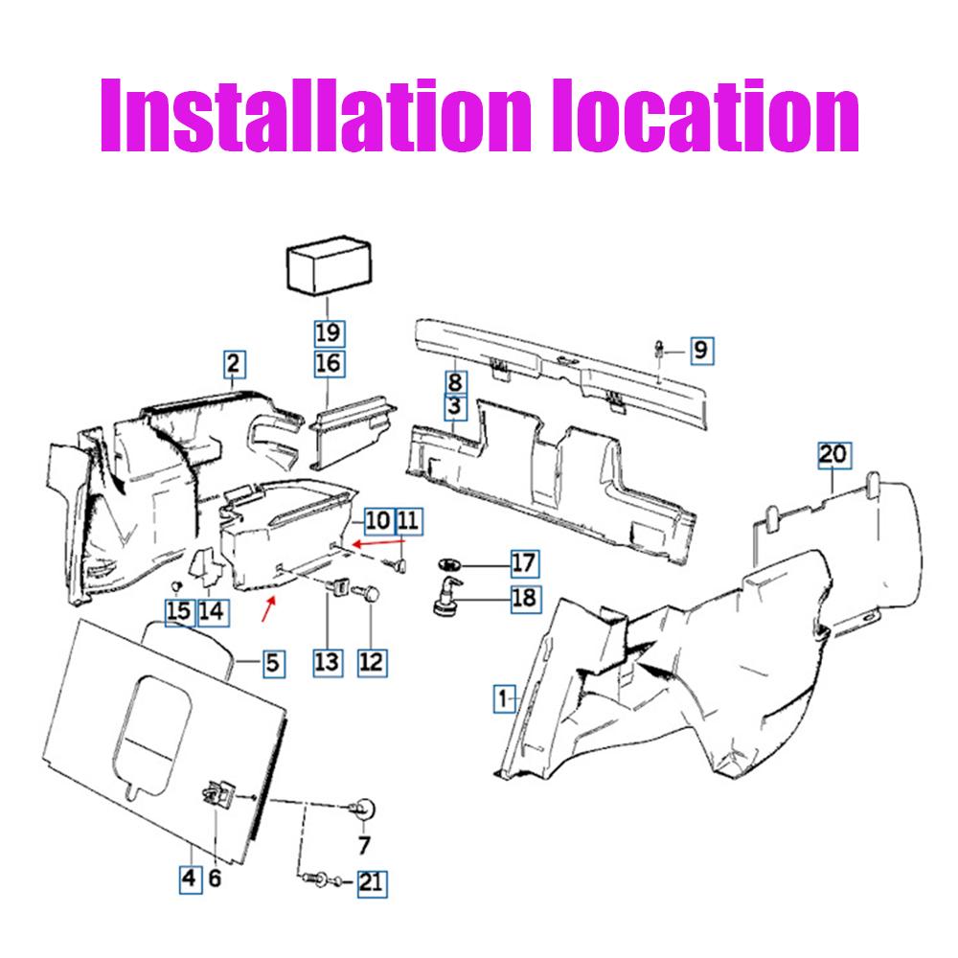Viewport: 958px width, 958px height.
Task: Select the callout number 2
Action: click(234, 364)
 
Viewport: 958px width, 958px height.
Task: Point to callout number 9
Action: click(702, 350)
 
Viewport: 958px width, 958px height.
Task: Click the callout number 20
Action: click(834, 455)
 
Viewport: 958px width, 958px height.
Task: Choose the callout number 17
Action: click(525, 563)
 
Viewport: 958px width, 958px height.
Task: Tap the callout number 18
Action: click(525, 598)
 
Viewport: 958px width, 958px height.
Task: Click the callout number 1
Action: click(504, 699)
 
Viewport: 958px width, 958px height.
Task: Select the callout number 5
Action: click(273, 664)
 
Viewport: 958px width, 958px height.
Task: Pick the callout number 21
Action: click(372, 883)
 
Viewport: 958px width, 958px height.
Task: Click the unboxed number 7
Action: click(364, 846)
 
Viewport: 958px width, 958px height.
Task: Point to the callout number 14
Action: click(213, 611)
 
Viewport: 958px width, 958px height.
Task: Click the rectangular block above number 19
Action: click(330, 266)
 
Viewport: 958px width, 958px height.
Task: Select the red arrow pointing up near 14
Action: click(269, 609)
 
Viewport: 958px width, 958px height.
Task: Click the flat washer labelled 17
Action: click(449, 563)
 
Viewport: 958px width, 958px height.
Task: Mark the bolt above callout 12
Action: click(365, 593)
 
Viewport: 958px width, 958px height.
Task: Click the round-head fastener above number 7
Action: click(363, 810)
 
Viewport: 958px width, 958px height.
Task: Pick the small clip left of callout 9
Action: click(659, 350)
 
